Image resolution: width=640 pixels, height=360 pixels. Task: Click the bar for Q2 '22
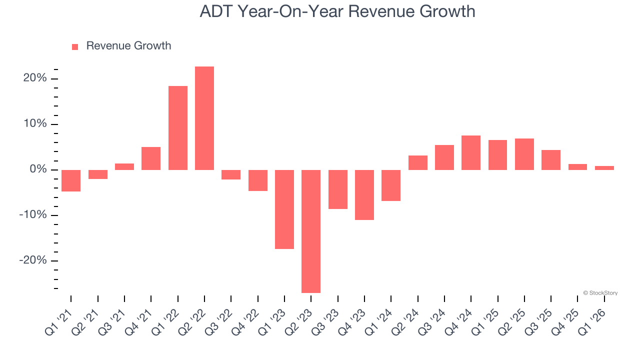pos(204,118)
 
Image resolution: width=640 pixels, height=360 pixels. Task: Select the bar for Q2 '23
pos(311,231)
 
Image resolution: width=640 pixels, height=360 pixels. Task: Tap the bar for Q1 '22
pos(178,128)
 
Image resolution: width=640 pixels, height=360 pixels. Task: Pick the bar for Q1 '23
pos(284,209)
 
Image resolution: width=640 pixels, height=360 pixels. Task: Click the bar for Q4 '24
pos(471,152)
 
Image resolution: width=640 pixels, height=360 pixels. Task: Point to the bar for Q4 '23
pos(364,194)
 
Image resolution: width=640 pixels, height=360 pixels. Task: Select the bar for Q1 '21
pos(71,180)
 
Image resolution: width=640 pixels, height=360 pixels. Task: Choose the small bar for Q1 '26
pos(604,168)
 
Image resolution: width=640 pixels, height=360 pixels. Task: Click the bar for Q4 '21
pos(151,158)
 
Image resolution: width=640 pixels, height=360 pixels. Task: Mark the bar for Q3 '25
pos(551,160)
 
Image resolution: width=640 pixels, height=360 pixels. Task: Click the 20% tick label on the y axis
pos(34,78)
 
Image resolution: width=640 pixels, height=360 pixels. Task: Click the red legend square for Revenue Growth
pos(75,46)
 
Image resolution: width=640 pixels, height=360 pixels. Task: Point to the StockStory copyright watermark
pos(600,293)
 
